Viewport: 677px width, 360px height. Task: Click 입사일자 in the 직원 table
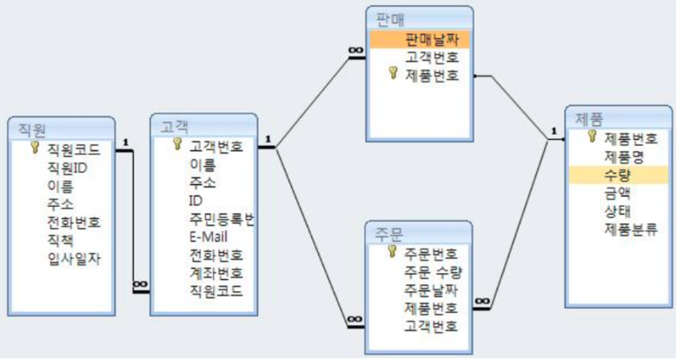[x=73, y=258]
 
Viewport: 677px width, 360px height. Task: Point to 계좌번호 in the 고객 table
[x=216, y=273]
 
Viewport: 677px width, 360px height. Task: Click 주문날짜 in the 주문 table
[x=431, y=290]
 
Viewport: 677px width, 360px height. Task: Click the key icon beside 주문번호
[x=392, y=252]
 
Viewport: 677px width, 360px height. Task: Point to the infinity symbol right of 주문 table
[x=481, y=302]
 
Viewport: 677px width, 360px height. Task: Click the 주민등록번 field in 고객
[x=222, y=217]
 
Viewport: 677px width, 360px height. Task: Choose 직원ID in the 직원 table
[x=67, y=167]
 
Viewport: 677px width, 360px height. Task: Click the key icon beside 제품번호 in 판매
[x=392, y=76]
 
